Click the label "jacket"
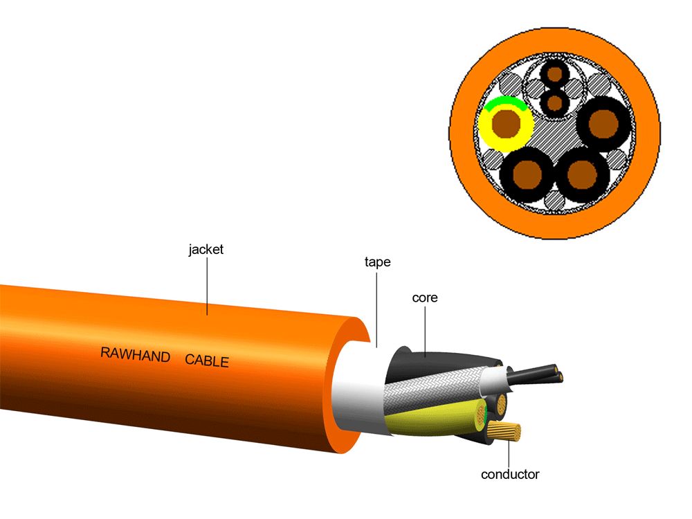(206, 249)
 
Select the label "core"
(425, 298)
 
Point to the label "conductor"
(510, 474)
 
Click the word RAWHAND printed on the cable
(136, 355)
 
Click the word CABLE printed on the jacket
(206, 361)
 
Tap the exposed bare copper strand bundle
(505, 433)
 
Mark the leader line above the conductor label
(509, 453)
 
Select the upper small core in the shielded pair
(554, 73)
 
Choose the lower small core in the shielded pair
(554, 103)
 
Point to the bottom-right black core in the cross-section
(582, 172)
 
